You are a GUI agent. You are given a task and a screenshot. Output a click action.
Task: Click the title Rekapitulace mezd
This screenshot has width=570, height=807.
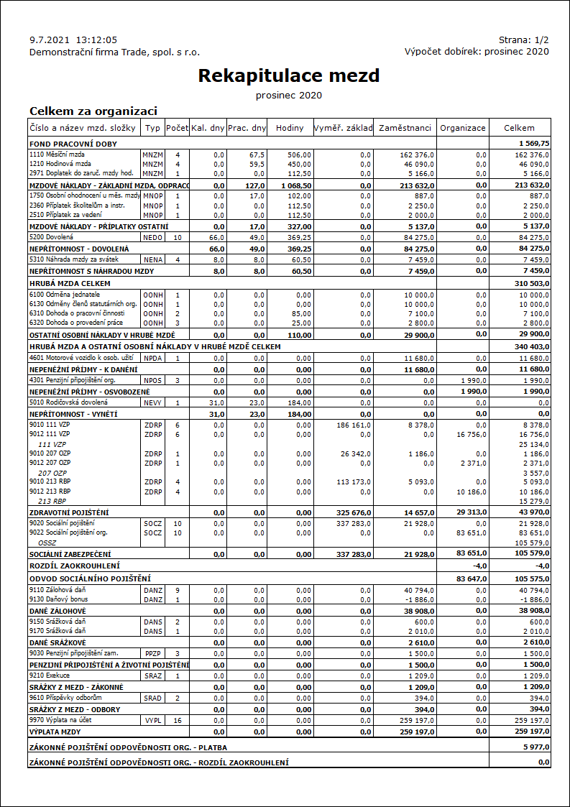288,75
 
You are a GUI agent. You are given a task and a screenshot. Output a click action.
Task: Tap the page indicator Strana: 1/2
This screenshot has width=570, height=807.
523,40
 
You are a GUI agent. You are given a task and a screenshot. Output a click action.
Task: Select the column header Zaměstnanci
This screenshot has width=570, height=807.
405,128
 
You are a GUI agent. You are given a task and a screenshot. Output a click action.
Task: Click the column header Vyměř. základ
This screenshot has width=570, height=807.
344,128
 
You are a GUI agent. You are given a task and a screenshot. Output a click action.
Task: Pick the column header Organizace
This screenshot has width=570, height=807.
463,128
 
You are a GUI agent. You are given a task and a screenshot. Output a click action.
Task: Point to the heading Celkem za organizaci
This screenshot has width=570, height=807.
93,111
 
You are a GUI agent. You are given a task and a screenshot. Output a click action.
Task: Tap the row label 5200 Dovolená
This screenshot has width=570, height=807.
51,236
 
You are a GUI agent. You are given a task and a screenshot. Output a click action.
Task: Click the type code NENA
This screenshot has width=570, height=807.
152,259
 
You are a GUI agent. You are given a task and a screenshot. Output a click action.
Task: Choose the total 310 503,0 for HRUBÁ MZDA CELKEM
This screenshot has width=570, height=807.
531,284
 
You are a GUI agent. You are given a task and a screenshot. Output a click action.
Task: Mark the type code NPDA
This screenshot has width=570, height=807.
152,357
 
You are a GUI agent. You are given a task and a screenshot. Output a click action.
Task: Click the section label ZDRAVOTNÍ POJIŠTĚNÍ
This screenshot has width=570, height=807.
69,512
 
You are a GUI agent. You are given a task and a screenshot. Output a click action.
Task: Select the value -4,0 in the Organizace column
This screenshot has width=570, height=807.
479,566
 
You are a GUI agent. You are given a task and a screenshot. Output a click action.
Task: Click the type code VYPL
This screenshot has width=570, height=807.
152,719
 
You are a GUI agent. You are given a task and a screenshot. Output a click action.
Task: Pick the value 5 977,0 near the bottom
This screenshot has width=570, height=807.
535,747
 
